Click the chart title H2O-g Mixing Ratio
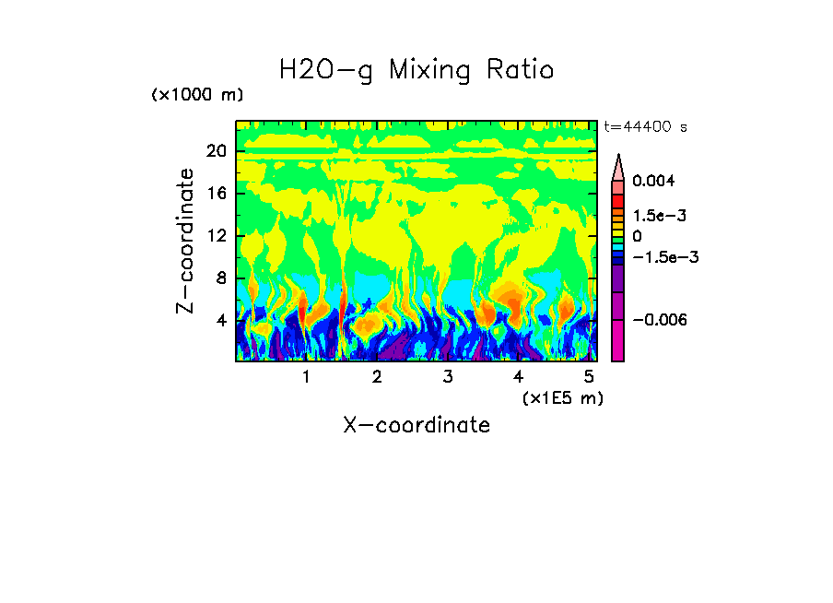click(416, 70)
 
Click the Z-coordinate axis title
click(186, 241)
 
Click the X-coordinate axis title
click(416, 425)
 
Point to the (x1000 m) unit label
click(197, 95)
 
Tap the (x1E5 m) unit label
click(562, 397)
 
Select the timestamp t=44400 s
click(645, 126)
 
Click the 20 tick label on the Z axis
click(216, 152)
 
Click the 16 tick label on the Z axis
click(216, 195)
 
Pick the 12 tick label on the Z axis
click(216, 236)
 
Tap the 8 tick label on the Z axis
click(220, 278)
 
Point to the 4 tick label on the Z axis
click(220, 321)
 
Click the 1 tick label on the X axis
click(306, 377)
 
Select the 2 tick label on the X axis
click(377, 377)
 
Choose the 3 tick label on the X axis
click(448, 377)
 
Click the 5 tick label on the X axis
click(589, 377)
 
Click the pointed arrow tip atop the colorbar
click(618, 160)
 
